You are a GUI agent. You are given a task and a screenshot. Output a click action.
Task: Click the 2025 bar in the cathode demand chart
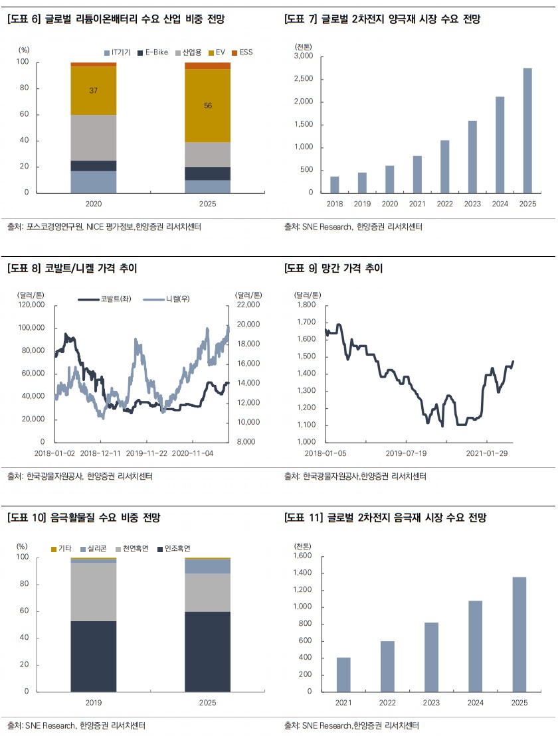pos(527,131)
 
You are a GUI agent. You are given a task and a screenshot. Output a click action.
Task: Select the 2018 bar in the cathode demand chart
pos(335,185)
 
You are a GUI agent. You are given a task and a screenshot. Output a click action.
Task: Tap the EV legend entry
pos(217,52)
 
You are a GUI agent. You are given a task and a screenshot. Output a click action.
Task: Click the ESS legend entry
pos(242,52)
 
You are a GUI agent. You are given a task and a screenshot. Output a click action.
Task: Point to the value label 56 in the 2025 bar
pos(208,106)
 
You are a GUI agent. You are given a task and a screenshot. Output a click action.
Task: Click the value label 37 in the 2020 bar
pos(94,91)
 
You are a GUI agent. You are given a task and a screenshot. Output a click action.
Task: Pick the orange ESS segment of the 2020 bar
pos(94,64)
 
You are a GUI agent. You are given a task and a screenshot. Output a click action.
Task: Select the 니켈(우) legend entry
pos(166,299)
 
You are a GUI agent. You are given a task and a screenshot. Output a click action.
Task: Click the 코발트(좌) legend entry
pos(105,299)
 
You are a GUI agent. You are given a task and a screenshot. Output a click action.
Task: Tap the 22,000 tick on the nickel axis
pos(248,305)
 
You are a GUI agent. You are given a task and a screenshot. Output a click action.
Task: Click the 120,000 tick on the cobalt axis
pos(31,305)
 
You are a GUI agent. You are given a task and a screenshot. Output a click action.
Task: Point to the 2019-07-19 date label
pos(406,453)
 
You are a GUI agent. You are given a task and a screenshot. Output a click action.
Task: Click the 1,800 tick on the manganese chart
pos(306,305)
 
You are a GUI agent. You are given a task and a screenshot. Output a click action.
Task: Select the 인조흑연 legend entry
pos(174,549)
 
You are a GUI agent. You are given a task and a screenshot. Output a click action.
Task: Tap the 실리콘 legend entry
pos(94,549)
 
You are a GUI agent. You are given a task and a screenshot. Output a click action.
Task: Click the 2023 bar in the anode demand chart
pos(431,657)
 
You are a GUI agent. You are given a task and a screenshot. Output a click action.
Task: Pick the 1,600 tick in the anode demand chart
pos(302,555)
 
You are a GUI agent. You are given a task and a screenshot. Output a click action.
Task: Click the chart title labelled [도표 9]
pos(333,269)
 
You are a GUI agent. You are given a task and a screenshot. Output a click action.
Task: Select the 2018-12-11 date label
pos(100,453)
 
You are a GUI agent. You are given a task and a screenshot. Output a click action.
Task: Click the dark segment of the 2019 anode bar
pos(94,656)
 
